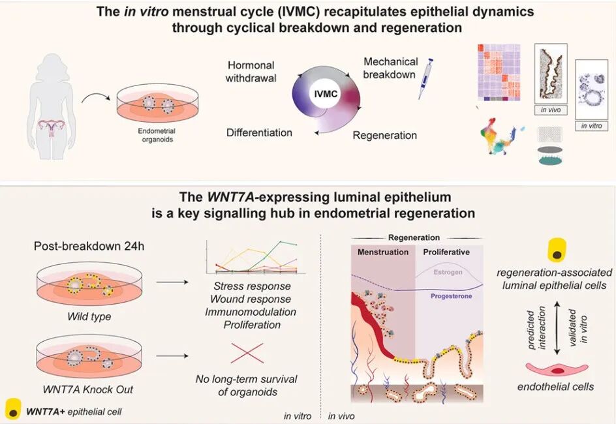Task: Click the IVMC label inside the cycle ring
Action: tap(326, 94)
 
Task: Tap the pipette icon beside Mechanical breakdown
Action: tap(425, 78)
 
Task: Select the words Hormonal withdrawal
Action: tap(251, 72)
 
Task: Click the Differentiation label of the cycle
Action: tap(259, 132)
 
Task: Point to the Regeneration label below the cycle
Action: tap(384, 136)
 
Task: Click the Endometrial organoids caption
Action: tap(157, 135)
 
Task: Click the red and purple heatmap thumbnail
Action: tap(499, 72)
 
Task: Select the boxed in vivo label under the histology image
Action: tap(551, 110)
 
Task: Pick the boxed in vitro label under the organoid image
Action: tap(592, 126)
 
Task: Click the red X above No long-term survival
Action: tap(247, 353)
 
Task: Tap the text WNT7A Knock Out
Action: tap(88, 389)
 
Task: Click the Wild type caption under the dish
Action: tap(89, 316)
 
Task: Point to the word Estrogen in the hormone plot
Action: tap(448, 272)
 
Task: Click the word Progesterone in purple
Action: tap(452, 296)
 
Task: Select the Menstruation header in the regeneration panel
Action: tap(383, 252)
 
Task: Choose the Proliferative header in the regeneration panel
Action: tap(446, 252)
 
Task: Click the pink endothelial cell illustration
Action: tap(557, 370)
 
